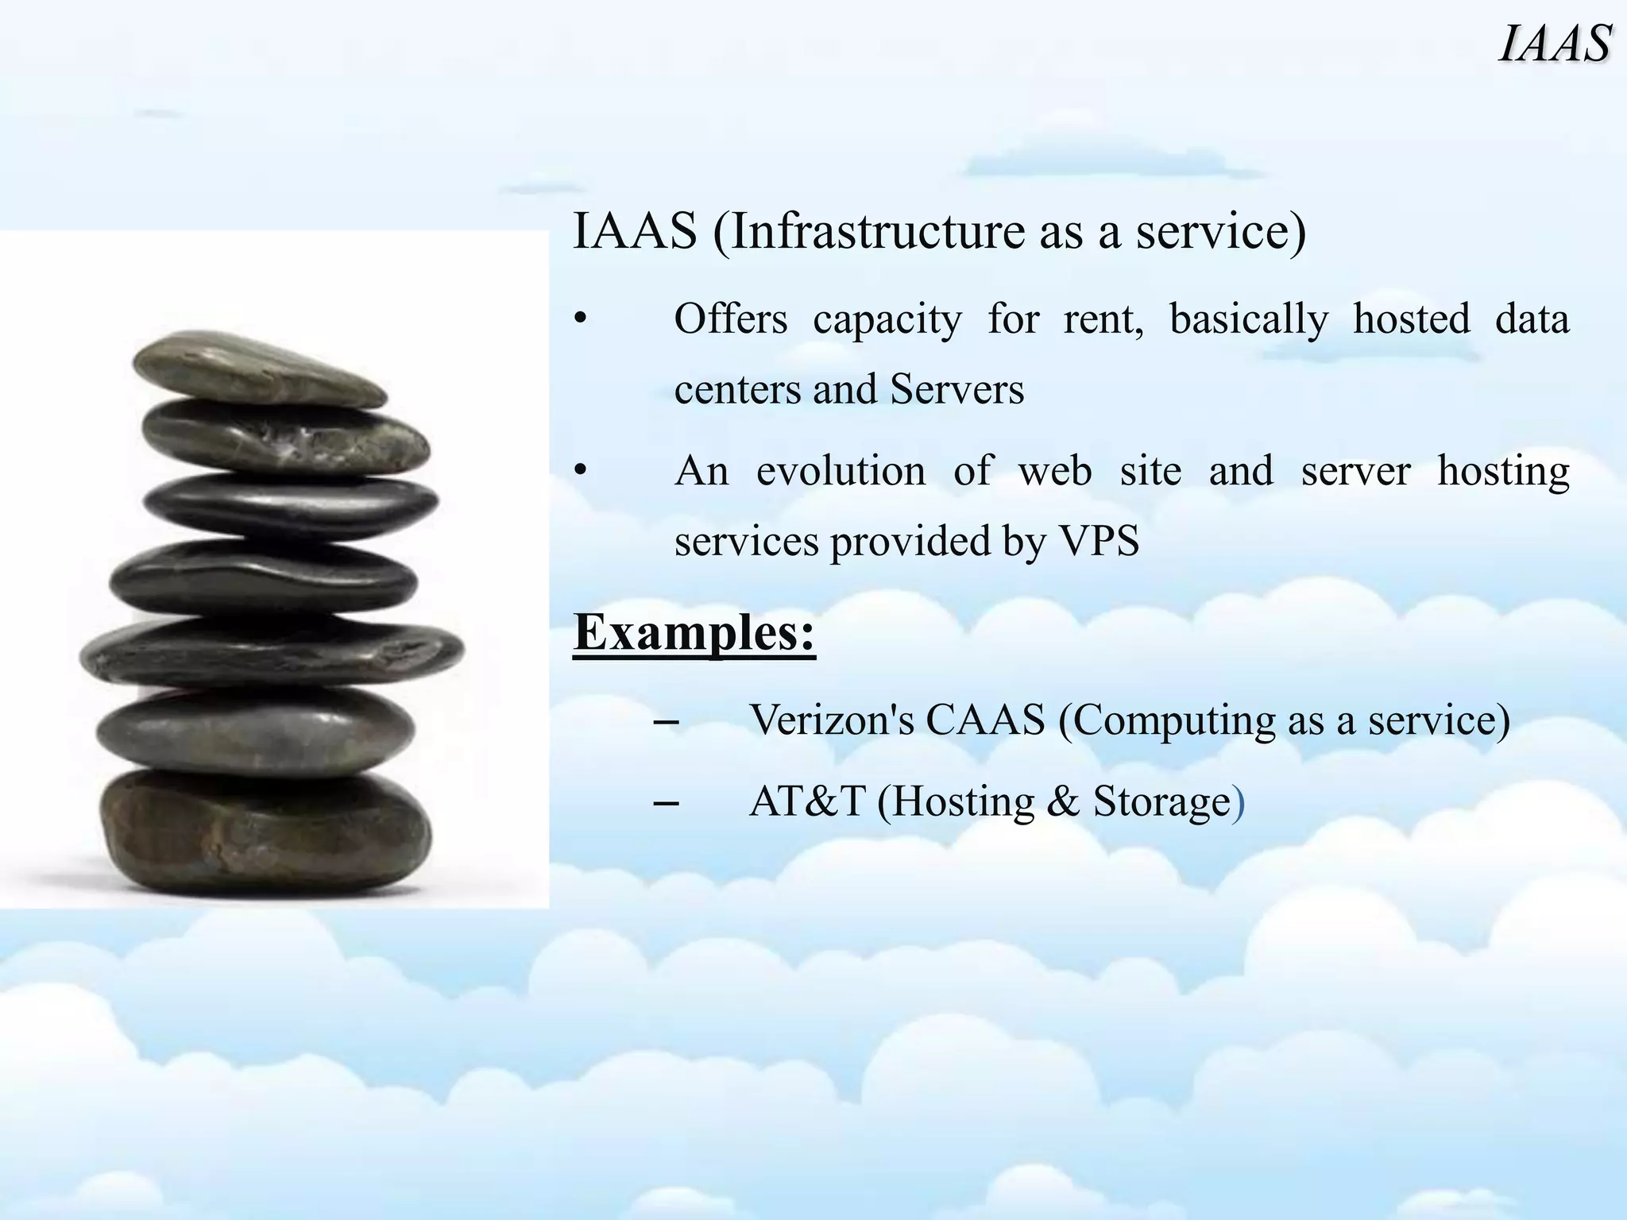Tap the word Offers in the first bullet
(730, 319)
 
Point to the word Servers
(956, 390)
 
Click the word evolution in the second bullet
(841, 470)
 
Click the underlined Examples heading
(694, 633)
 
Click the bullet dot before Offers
(581, 320)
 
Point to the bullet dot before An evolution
(581, 472)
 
